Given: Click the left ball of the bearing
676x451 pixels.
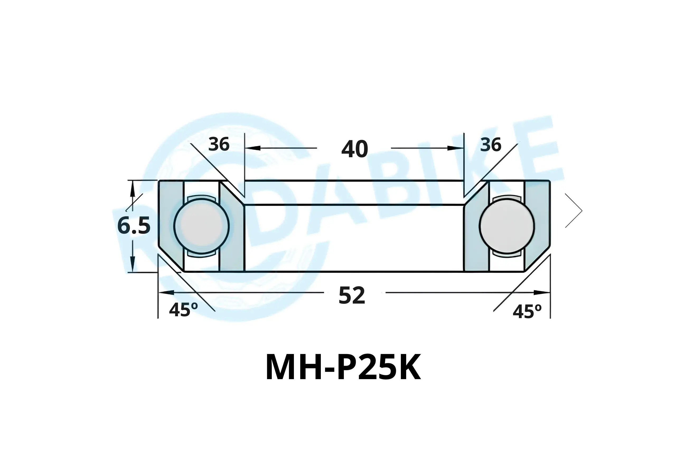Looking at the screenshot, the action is pyautogui.click(x=201, y=226).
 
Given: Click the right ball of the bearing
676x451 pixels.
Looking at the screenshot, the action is pyautogui.click(x=507, y=226).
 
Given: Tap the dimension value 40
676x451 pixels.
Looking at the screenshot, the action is pyautogui.click(x=355, y=149).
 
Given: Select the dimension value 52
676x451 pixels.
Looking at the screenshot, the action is pyautogui.click(x=352, y=295).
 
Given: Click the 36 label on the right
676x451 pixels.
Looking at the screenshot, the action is pyautogui.click(x=491, y=145).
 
